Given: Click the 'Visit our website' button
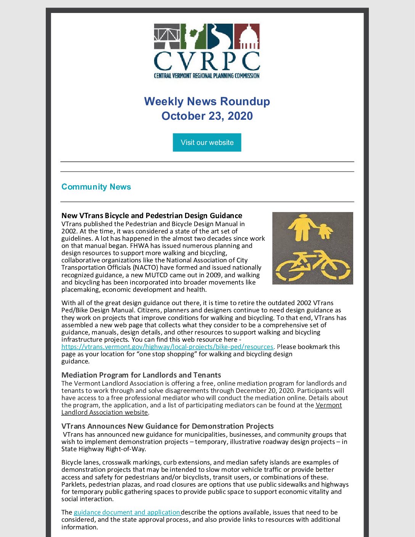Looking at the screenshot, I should click(207, 142).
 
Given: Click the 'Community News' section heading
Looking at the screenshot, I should click(96, 187).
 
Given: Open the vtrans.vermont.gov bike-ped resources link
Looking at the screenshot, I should click(167, 347).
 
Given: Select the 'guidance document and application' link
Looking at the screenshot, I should click(127, 512).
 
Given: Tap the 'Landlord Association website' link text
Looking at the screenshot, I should click(105, 412).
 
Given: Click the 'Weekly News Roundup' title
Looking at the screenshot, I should click(207, 101).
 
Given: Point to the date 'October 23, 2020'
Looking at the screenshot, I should click(207, 116).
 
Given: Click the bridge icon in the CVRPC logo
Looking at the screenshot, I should click(167, 36).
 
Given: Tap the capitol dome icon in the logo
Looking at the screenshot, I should click(247, 36).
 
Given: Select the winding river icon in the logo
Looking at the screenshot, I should click(220, 36).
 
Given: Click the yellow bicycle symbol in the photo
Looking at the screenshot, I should click(312, 265).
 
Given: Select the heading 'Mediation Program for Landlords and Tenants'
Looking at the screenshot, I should click(141, 375).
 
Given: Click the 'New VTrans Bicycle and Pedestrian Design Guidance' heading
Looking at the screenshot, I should click(152, 215).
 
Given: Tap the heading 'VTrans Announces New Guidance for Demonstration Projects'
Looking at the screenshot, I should click(167, 426).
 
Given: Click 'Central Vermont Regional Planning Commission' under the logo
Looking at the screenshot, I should click(207, 76).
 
